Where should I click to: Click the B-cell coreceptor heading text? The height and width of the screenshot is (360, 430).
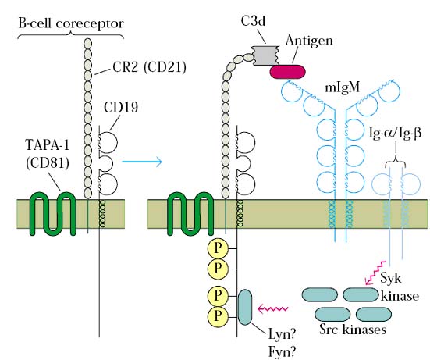tap(71, 23)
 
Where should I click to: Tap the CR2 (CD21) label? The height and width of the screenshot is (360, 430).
tap(150, 67)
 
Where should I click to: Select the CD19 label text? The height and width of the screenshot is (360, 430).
tap(121, 107)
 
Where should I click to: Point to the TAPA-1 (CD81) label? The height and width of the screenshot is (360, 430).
tap(47, 154)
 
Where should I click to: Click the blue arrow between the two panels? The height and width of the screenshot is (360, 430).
tap(142, 162)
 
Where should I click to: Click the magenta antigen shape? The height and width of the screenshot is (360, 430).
tap(287, 72)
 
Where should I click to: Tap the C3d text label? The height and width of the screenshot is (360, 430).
tap(253, 21)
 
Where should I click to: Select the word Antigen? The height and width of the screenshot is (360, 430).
tap(309, 41)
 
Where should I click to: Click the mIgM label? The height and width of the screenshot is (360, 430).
tap(342, 87)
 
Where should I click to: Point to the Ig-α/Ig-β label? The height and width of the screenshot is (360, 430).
tap(395, 134)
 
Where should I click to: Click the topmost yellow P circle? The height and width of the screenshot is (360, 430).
tap(218, 248)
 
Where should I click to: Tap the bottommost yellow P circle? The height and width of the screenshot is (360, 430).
tap(218, 316)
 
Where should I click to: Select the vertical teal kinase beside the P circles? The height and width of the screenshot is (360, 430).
tap(245, 307)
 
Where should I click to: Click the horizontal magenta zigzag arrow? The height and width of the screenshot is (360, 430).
tap(272, 309)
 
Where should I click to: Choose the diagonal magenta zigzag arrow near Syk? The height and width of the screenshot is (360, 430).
tap(375, 273)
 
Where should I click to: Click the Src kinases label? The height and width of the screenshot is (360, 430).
tap(353, 330)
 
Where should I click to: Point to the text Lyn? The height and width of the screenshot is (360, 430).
tap(282, 334)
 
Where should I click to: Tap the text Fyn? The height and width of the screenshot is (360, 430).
tap(282, 351)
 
